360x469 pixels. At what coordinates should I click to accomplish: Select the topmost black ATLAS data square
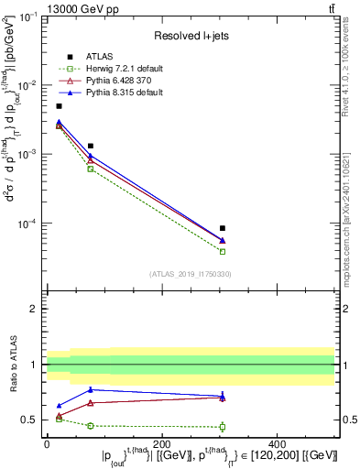coord(60,106)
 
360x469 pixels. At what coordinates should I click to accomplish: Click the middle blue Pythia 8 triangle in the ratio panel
coord(91,389)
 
